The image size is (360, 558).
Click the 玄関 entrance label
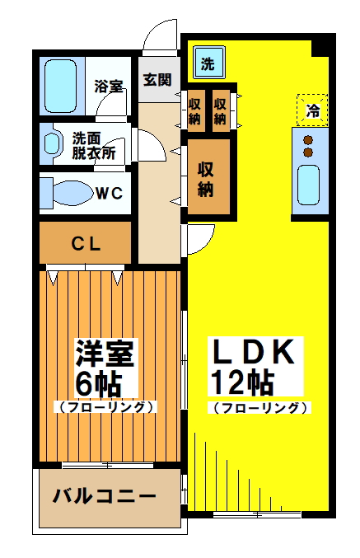[157, 80]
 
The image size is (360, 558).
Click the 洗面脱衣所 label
[93, 145]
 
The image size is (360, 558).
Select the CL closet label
[86, 243]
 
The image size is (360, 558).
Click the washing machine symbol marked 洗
[208, 62]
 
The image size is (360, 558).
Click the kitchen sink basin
[309, 185]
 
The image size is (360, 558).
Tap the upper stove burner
[309, 139]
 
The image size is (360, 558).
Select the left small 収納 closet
[195, 110]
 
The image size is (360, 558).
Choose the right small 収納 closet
[221, 110]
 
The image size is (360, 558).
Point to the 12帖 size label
[242, 382]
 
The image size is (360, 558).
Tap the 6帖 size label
[98, 382]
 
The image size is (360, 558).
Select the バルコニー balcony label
[105, 497]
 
